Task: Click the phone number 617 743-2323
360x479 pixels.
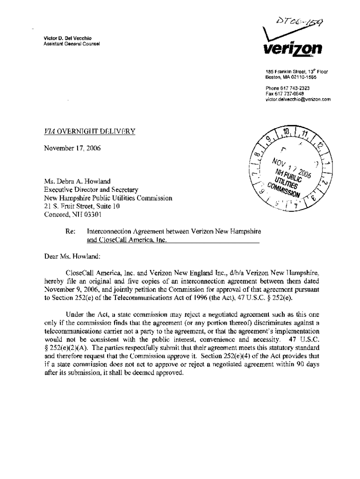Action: (x=288, y=88)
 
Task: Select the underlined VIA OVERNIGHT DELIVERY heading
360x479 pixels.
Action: (x=89, y=132)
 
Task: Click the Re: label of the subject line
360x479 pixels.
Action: (x=71, y=232)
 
